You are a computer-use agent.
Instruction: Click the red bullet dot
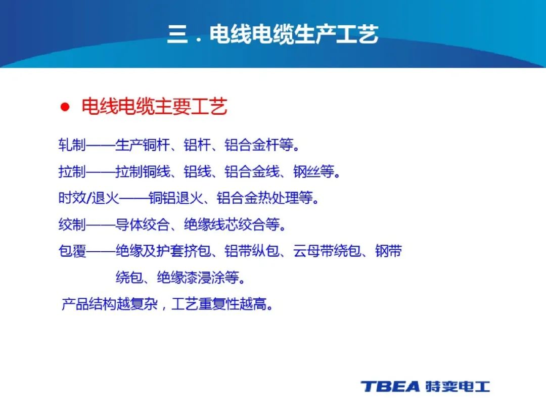click(x=65, y=107)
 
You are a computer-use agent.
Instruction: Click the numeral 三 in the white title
click(x=177, y=34)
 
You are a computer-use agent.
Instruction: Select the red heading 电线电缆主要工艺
click(x=154, y=107)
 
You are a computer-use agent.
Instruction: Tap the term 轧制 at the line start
click(x=72, y=145)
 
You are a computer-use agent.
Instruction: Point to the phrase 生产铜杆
click(x=143, y=145)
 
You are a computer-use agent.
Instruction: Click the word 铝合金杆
click(x=252, y=145)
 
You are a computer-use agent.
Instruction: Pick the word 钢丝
click(x=306, y=171)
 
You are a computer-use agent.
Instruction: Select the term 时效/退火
click(x=88, y=198)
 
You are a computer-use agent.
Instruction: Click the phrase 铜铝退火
click(x=175, y=198)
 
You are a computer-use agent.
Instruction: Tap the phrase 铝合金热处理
click(x=258, y=198)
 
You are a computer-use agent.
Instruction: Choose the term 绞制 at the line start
click(x=72, y=224)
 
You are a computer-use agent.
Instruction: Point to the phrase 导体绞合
click(x=143, y=224)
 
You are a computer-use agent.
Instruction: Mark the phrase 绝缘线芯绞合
click(x=224, y=224)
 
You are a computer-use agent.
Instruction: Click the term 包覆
click(x=72, y=251)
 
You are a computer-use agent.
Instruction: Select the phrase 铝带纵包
click(x=252, y=251)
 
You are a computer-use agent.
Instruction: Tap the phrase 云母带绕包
click(x=327, y=251)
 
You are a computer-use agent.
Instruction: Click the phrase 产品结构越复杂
click(x=110, y=304)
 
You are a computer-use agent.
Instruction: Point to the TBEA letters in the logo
click(x=390, y=386)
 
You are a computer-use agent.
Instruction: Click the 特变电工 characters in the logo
click(x=458, y=386)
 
